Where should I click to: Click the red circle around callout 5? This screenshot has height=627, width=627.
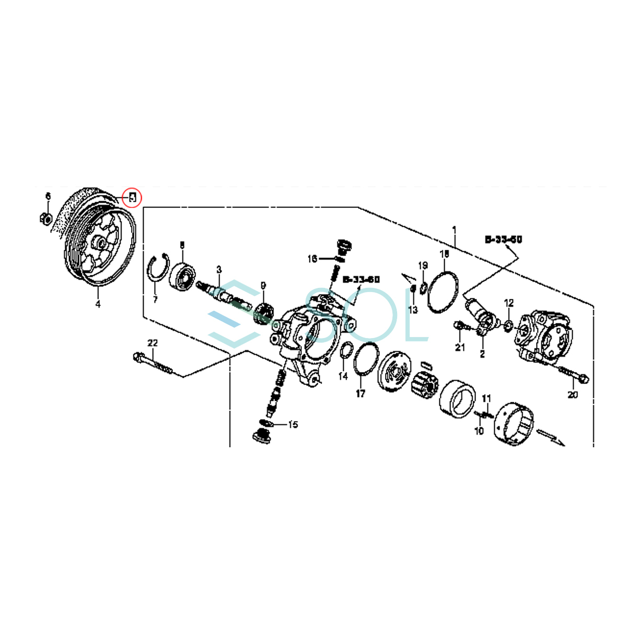pos(132,197)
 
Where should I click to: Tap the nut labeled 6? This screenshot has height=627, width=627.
pos(45,218)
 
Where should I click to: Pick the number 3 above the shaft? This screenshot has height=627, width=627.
pos(219,270)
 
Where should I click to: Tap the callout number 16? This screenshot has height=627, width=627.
pos(312,259)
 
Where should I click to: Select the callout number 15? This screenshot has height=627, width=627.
pos(293,424)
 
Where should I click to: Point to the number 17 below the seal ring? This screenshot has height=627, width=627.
pos(361,393)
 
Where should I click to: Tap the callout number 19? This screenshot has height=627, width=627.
pos(423,265)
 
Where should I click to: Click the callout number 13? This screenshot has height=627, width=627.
pos(413,310)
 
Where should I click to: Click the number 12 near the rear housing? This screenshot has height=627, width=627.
pos(509,303)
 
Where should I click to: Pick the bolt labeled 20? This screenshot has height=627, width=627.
pos(573,373)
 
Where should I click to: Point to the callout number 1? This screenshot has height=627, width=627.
pos(454,229)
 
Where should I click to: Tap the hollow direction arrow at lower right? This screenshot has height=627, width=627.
pos(550,437)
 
